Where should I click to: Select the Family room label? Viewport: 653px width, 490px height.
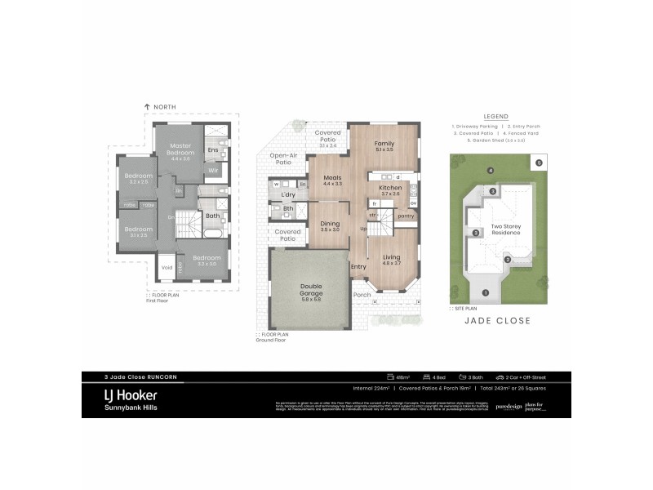click(x=384, y=144)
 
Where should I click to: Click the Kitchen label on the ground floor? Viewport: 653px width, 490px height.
click(x=389, y=188)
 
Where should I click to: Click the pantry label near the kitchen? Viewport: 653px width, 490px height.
click(x=406, y=216)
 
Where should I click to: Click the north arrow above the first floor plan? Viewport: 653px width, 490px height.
click(x=147, y=107)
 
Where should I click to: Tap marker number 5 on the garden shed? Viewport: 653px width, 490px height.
click(x=539, y=163)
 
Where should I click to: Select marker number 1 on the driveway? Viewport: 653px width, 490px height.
click(x=485, y=292)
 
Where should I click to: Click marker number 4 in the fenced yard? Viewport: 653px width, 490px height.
click(x=490, y=171)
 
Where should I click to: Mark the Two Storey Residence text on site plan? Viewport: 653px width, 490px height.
click(x=505, y=230)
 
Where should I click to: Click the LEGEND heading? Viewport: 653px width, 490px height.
click(x=495, y=116)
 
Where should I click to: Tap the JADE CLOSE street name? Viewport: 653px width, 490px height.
click(x=497, y=321)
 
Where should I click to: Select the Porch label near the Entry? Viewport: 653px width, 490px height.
click(x=362, y=295)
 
